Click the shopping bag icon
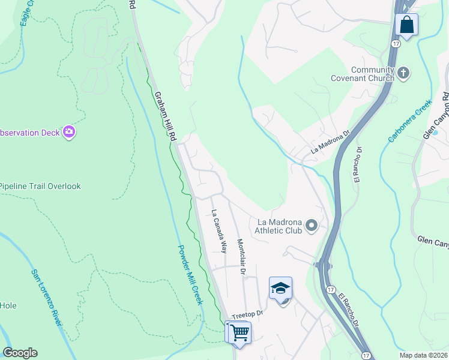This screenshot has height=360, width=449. [406, 25]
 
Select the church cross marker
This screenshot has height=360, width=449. [403, 74]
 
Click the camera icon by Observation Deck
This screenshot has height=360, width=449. [69, 132]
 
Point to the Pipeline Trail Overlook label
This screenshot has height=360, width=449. [40, 186]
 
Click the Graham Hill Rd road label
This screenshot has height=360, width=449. [165, 116]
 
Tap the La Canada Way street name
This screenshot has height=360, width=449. [219, 230]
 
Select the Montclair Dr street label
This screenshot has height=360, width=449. [241, 257]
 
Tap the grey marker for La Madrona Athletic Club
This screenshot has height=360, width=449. [311, 226]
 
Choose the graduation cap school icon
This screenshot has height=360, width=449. [280, 289]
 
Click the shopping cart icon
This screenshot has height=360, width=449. [239, 331]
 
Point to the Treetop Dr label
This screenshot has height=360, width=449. [247, 314]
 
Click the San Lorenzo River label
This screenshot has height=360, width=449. [47, 298]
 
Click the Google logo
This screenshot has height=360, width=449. [20, 353]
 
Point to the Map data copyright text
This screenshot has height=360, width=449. [423, 355]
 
